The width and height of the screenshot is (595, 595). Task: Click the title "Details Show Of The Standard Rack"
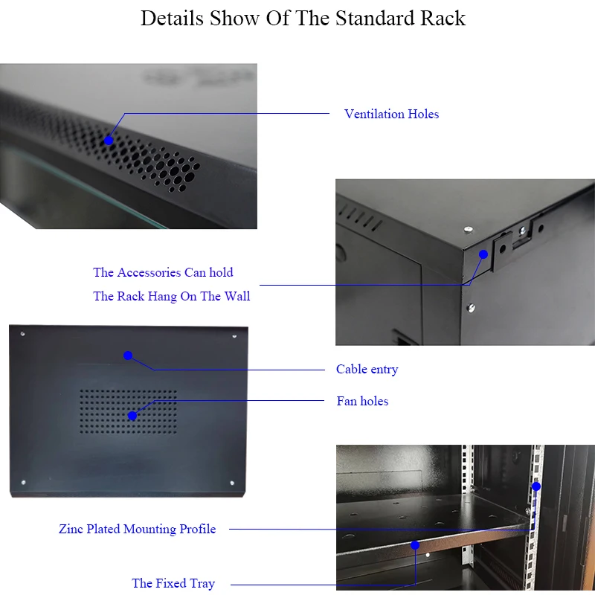(303, 19)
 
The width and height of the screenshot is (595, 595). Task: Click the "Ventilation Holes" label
(391, 114)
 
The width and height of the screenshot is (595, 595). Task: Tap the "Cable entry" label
(367, 369)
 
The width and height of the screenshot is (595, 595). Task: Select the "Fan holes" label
(362, 401)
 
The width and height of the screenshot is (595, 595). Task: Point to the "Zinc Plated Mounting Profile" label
(138, 529)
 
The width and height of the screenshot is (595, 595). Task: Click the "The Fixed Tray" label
(173, 583)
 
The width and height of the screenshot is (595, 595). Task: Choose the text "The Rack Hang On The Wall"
(172, 296)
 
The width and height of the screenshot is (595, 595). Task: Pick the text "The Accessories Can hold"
(163, 272)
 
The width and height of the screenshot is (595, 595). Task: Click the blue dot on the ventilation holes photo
(109, 140)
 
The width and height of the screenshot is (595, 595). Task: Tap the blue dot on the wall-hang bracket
(483, 254)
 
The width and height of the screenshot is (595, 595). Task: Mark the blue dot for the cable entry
(128, 356)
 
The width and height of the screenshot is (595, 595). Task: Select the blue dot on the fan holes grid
(132, 415)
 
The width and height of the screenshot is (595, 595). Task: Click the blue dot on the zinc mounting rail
(535, 486)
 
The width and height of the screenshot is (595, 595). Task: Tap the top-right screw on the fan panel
(234, 336)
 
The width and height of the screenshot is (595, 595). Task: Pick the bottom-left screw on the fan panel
(24, 481)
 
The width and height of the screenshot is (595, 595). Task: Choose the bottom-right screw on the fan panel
(232, 482)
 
